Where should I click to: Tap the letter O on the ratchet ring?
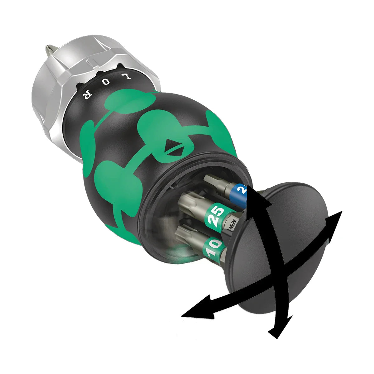point(106,83)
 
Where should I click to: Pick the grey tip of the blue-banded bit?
point(212,181)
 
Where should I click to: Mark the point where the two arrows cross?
point(279,268)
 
